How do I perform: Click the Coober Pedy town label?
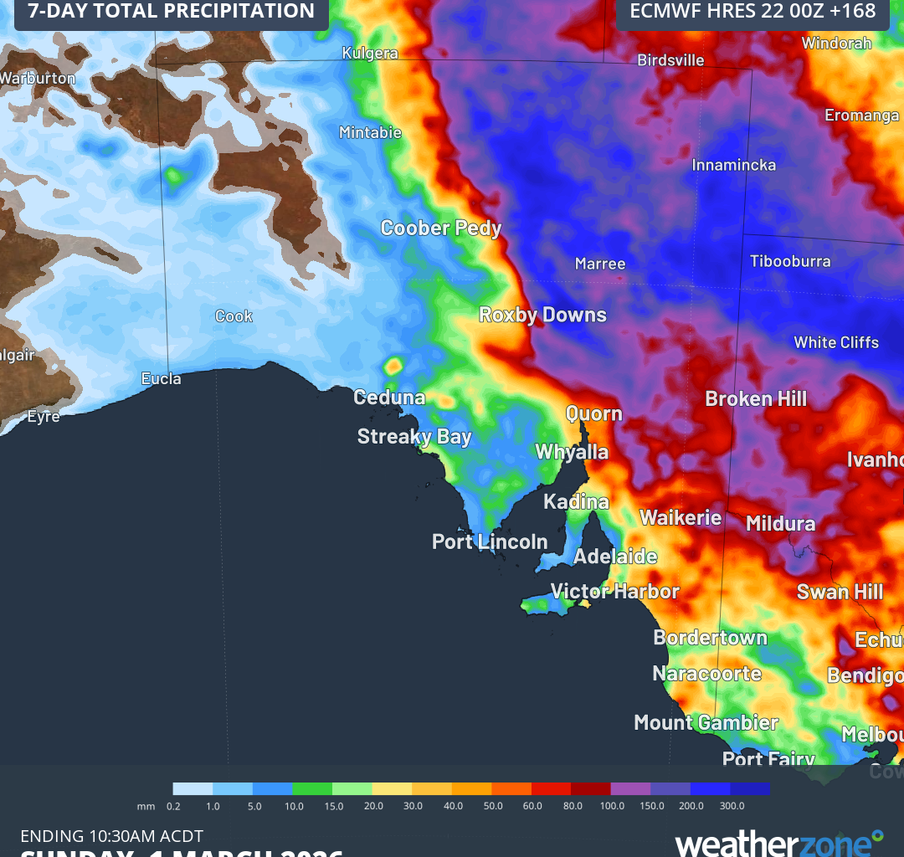coord(440,228)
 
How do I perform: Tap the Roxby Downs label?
coord(542,315)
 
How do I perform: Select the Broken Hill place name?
coord(756,398)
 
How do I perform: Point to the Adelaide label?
coord(615,557)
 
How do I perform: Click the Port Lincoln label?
coord(490,541)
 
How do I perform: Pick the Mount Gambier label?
coord(706,722)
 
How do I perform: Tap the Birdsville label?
coord(670,60)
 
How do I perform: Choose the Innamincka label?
coord(733,165)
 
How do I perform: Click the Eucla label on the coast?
coord(161,378)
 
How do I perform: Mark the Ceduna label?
coord(389,398)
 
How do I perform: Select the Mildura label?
coord(780,524)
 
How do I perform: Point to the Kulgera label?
coord(370,54)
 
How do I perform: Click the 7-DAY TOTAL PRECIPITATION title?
coord(172,12)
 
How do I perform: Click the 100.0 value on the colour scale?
coord(612,806)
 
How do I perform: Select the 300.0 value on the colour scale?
coord(732,806)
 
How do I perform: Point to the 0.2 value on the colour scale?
coord(173,806)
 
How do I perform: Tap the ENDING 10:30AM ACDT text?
coord(111,836)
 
